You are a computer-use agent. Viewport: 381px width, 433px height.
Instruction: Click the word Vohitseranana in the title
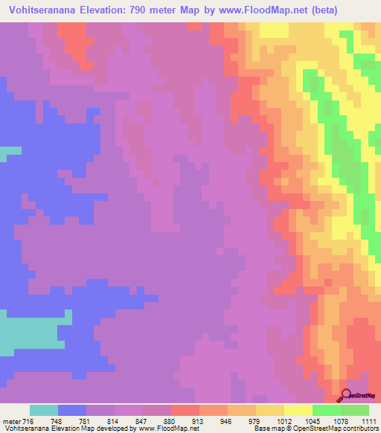(43, 10)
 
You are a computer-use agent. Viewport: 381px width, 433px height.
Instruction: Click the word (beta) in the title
(304, 10)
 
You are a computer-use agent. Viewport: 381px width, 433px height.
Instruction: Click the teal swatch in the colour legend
(44, 410)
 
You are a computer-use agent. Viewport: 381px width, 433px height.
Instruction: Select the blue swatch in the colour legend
(72, 410)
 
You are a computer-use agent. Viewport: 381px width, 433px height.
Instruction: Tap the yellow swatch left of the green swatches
(298, 410)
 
